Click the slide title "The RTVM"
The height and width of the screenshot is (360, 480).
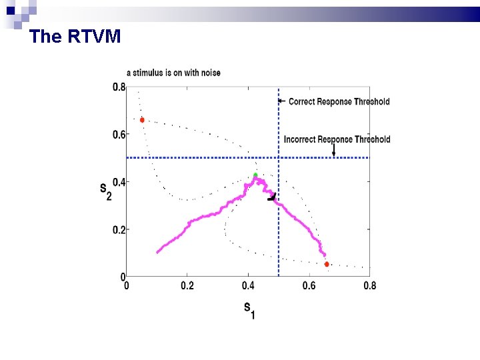point(75,37)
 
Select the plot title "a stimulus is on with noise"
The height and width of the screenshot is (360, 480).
point(173,73)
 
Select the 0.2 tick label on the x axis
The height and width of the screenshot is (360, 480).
point(187,286)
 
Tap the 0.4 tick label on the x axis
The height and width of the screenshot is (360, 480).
point(248,286)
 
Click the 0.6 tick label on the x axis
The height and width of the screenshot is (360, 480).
point(309,286)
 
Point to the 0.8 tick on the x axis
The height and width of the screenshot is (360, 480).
point(369,286)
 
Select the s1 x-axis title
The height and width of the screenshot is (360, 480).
point(248,309)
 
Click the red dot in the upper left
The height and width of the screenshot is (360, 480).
point(142,120)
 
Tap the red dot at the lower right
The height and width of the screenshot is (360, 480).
point(327,264)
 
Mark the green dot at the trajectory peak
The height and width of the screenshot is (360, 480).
point(255,175)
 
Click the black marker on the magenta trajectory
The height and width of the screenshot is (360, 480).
point(272,197)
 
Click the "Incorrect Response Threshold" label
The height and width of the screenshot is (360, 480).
point(337,139)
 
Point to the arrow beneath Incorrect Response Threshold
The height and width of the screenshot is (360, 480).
point(333,151)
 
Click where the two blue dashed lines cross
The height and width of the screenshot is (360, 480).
point(279,157)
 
